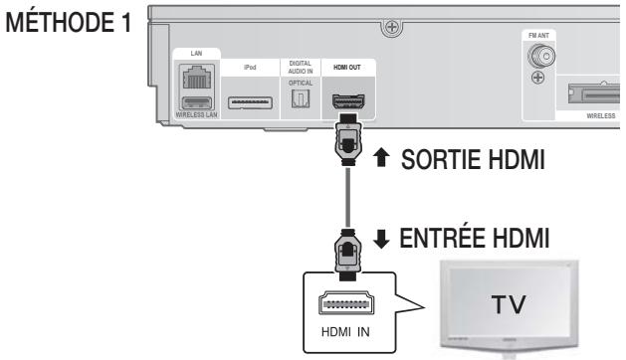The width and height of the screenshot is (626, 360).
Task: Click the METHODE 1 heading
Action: (66, 22)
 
